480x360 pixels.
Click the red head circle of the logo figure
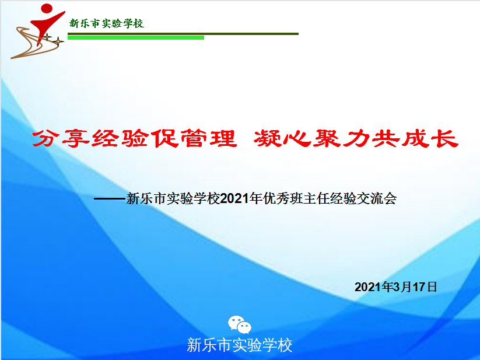point(47,8)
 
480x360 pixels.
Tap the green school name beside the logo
point(107,23)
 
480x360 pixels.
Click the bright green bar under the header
point(136,38)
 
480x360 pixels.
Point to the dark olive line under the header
point(183,34)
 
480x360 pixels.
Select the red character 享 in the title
point(75,138)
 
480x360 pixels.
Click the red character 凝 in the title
point(267,138)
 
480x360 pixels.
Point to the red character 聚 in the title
point(325,138)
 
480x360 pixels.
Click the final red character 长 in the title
point(444,138)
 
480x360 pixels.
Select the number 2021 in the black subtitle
point(234,199)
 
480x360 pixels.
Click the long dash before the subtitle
point(110,199)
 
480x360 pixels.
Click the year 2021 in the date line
point(368,287)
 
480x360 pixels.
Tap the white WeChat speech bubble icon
point(239,324)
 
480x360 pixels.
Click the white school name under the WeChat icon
point(239,345)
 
